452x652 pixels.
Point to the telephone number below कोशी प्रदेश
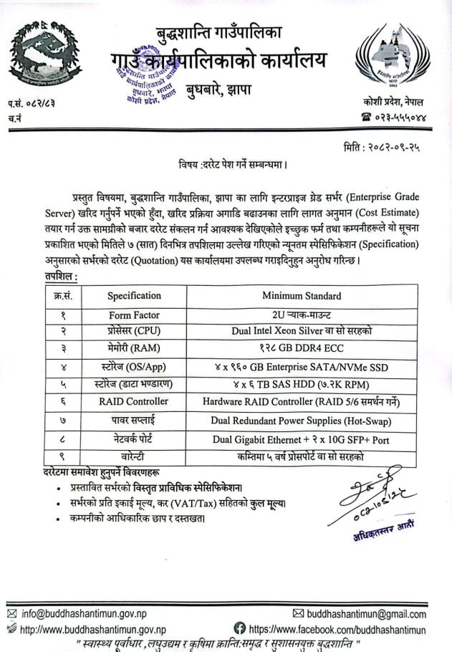click(x=395, y=118)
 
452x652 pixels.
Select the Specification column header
click(x=134, y=295)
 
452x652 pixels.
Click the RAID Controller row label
click(x=134, y=402)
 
